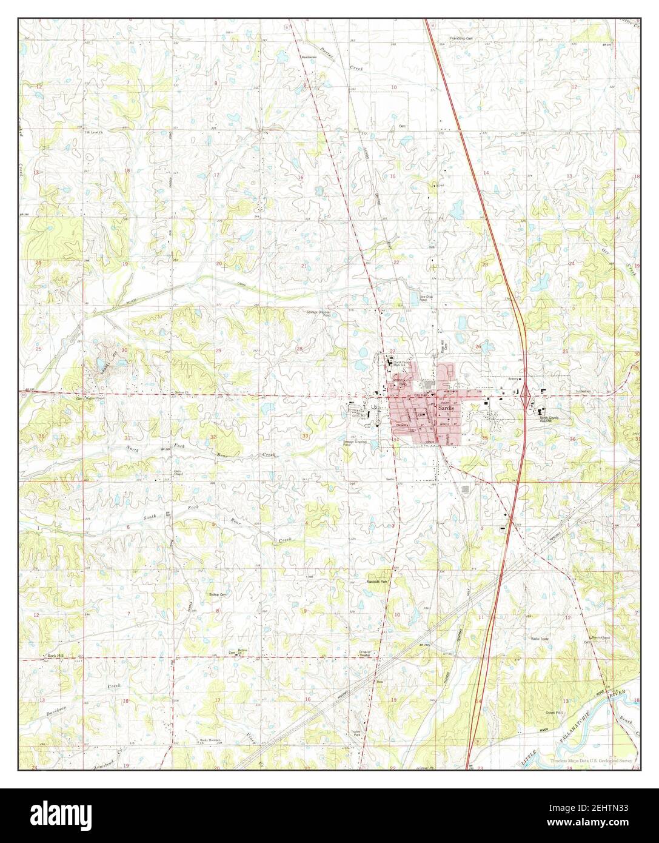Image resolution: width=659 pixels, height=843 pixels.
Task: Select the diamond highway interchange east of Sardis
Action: point(527,395)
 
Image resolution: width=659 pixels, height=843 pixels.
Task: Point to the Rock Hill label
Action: point(56,656)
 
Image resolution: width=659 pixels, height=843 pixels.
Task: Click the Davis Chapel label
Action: point(178,474)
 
